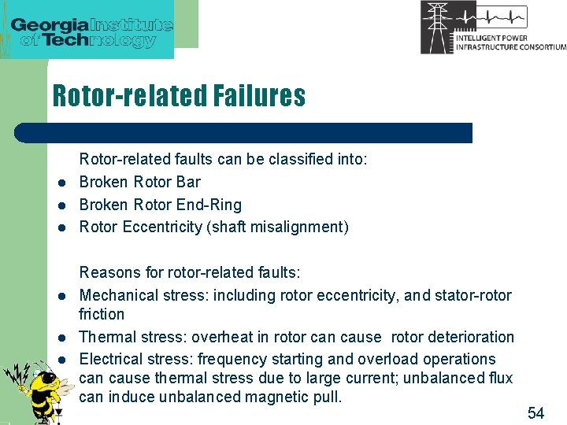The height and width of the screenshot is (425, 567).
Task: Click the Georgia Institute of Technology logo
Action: click(93, 30)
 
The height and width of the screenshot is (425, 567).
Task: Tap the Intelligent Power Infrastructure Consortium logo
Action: click(492, 28)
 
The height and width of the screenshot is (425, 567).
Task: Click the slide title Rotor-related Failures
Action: click(179, 96)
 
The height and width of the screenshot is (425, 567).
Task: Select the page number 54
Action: click(535, 413)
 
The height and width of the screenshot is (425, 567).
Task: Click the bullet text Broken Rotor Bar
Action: click(140, 182)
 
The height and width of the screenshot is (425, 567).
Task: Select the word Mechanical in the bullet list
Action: click(116, 295)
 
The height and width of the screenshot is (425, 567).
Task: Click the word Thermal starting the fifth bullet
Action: click(106, 337)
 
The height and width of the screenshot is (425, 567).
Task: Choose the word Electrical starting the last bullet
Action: click(110, 359)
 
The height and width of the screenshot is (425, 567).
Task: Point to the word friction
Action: click(102, 314)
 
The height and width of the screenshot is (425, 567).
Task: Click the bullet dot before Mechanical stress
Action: click(60, 297)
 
